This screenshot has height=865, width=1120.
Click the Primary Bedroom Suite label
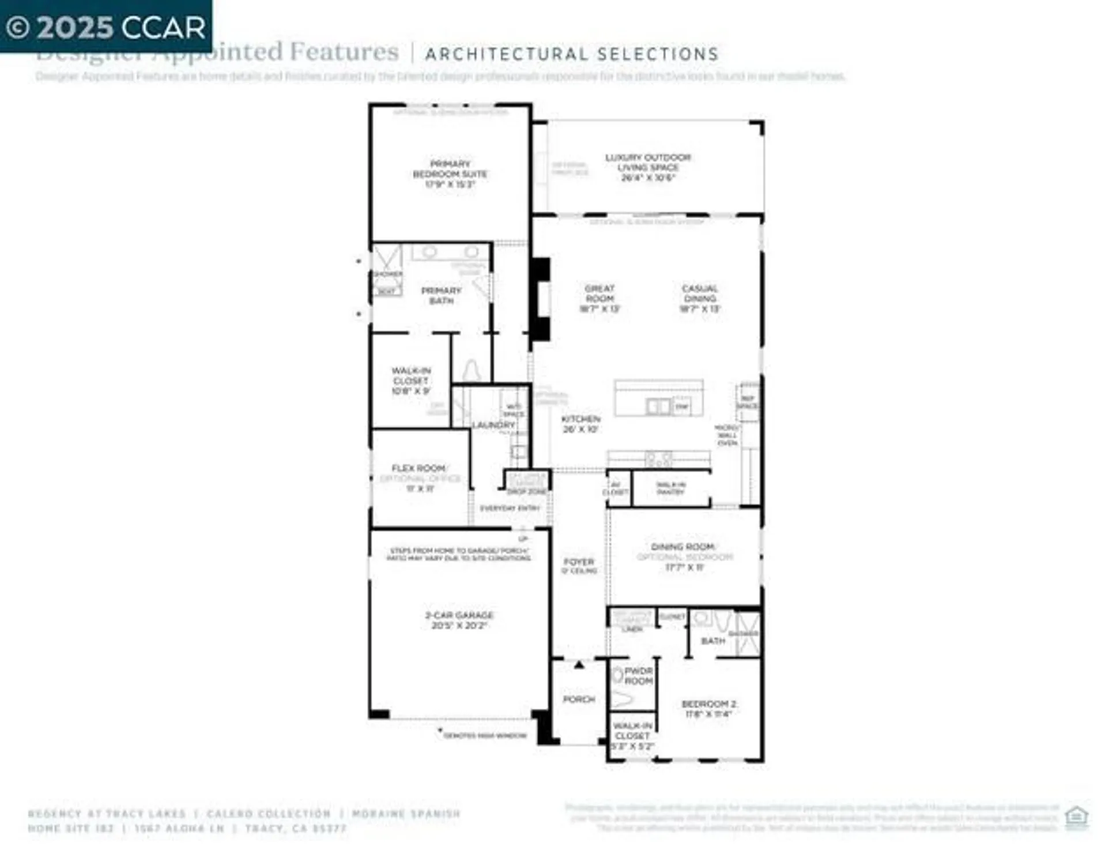pos(450,174)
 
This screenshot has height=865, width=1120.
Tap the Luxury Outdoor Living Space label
pos(647,167)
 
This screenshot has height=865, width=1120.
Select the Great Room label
pos(599,298)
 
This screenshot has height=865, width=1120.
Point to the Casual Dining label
pos(699,298)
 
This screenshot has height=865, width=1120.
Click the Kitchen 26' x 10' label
pos(580,424)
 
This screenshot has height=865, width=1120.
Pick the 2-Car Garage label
pos(459,620)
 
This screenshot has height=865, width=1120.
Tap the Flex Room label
pos(419,478)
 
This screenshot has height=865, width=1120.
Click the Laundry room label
pos(493,425)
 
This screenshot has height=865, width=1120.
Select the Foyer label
pos(579,565)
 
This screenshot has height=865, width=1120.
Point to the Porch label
pos(579,699)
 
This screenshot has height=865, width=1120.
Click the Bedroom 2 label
pos(708,709)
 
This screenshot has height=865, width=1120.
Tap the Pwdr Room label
pos(638,676)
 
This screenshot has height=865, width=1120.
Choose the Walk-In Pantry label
pos(670,488)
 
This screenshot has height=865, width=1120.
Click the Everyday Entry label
pos(510,508)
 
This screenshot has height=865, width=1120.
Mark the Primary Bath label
pos(441,295)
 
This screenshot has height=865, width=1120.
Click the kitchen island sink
pos(658,407)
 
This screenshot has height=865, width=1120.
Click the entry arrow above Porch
pos(579,665)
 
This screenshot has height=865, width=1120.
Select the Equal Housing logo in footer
pos(1076,817)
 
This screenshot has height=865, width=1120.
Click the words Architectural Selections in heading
pos(571,54)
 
